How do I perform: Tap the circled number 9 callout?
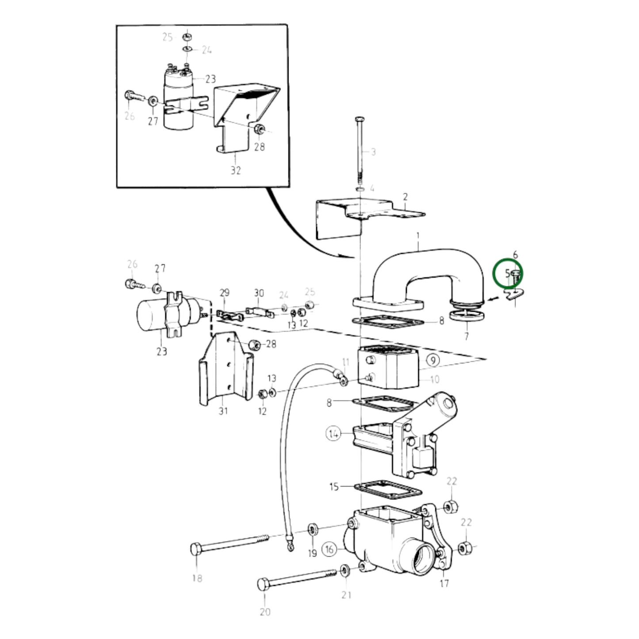coord(433,360)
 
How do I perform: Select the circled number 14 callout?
coord(333,433)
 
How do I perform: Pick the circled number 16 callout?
coord(329,550)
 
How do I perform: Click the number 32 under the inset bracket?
coord(235,170)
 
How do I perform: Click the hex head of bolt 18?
coord(196,550)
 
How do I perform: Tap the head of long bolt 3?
coord(360,119)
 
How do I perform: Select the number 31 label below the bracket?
coord(223,411)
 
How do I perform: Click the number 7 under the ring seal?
coord(467,337)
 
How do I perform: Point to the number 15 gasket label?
coord(334,487)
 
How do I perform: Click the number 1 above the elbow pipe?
coord(418,236)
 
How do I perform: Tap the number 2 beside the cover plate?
coord(405,197)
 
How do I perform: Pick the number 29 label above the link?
coord(225,293)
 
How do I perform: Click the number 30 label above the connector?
coord(259,293)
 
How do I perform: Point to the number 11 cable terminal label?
coord(346,362)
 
